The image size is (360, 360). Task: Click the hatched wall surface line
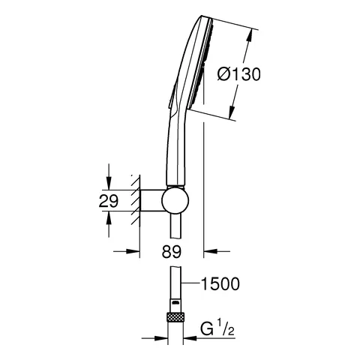click(x=136, y=201)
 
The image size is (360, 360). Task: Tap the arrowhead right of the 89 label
click(x=211, y=253)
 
